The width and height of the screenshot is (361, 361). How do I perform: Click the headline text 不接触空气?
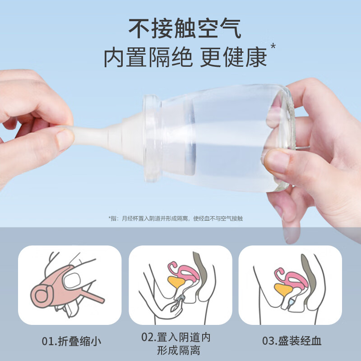click(x=185, y=28)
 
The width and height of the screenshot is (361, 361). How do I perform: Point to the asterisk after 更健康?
click(x=273, y=46)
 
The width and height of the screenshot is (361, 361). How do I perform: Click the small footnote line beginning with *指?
click(x=176, y=218)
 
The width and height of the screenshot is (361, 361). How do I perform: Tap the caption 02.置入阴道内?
click(x=176, y=337)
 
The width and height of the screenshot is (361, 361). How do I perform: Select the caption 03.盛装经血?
click(x=292, y=341)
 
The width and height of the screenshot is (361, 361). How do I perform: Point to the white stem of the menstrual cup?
click(x=95, y=135)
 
